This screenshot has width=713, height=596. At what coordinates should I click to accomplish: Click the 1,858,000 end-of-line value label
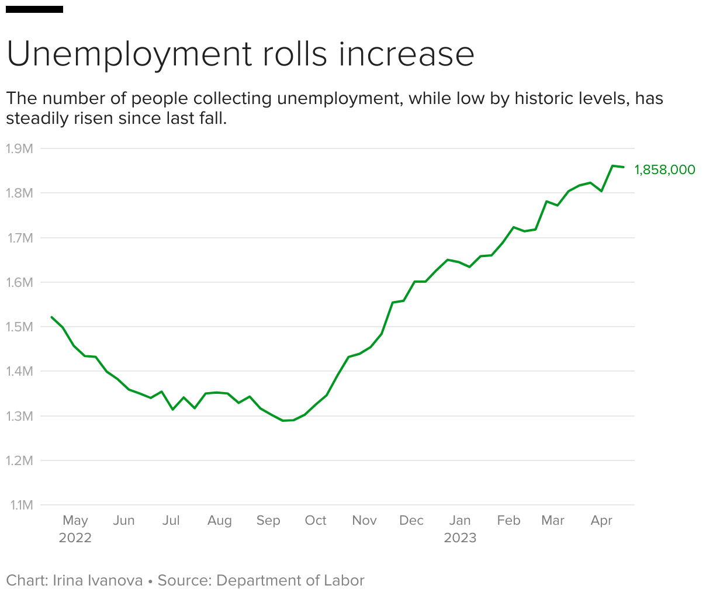pyautogui.click(x=664, y=170)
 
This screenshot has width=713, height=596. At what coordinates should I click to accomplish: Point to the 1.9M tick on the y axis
pyautogui.click(x=19, y=148)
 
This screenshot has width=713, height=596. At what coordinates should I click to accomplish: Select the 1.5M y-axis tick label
pyautogui.click(x=19, y=327)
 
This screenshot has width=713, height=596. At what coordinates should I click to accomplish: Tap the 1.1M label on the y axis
pyautogui.click(x=21, y=505)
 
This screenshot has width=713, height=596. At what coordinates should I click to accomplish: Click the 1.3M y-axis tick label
pyautogui.click(x=19, y=416)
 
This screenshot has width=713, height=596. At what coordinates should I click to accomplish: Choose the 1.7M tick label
pyautogui.click(x=19, y=238)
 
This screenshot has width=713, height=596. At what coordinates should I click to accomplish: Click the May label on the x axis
pyautogui.click(x=75, y=520)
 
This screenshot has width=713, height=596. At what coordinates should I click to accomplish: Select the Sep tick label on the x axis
pyautogui.click(x=268, y=520)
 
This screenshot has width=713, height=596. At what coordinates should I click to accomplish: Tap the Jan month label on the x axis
pyautogui.click(x=460, y=520)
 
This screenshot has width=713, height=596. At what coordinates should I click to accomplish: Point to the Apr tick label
pyautogui.click(x=601, y=520)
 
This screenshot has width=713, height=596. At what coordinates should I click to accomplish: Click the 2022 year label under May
pyautogui.click(x=75, y=538)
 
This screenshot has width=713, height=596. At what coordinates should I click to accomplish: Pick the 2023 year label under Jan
pyautogui.click(x=460, y=538)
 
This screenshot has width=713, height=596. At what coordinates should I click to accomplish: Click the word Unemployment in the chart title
pyautogui.click(x=129, y=54)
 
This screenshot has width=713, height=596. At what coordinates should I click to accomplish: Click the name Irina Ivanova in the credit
pyautogui.click(x=98, y=580)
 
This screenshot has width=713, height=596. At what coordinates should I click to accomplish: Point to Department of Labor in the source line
pyautogui.click(x=290, y=580)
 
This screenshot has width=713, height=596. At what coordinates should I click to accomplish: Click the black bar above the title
pyautogui.click(x=34, y=9)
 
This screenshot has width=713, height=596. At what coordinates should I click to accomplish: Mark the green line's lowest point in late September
pyautogui.click(x=283, y=421)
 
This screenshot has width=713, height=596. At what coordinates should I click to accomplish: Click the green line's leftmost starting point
pyautogui.click(x=52, y=317)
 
